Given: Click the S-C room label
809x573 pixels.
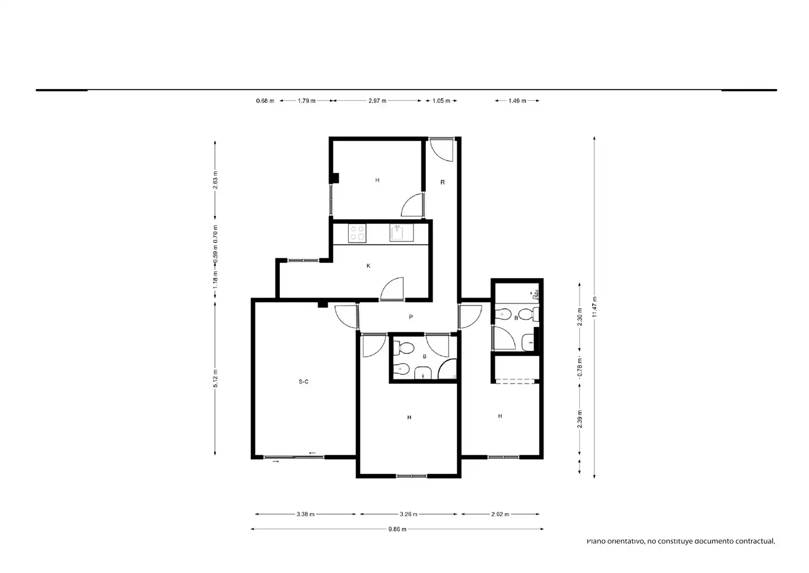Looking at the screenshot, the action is click(303, 381).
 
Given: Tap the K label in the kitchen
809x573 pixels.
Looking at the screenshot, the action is click(368, 266).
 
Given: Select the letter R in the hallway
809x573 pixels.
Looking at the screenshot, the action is click(443, 182).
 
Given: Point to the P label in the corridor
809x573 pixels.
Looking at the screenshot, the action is click(411, 317).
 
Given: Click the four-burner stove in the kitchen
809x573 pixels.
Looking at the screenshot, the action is click(357, 233).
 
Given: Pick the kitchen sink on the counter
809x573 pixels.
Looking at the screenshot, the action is click(401, 233).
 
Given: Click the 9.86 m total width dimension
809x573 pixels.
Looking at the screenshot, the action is click(397, 529).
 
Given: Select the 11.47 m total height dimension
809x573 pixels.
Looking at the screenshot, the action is click(594, 307).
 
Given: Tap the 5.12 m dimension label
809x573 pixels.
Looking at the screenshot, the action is click(215, 378).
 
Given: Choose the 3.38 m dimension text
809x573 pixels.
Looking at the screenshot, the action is click(305, 514).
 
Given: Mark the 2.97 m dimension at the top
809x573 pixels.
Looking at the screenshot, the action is click(377, 101).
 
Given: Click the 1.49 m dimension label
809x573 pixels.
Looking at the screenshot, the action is click(517, 101).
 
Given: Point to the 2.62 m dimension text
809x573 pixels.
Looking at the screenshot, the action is click(500, 514).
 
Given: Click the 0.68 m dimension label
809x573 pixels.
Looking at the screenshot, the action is click(265, 101).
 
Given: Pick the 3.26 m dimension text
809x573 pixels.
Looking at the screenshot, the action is click(408, 514).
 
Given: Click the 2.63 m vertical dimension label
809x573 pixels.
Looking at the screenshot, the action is click(215, 180).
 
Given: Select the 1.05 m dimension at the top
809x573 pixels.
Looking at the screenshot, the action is click(441, 101).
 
